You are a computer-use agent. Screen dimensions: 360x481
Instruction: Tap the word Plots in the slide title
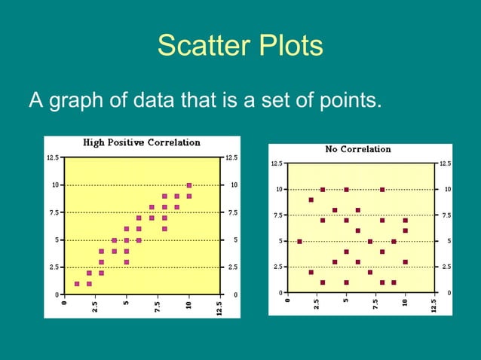pyautogui.click(x=286, y=47)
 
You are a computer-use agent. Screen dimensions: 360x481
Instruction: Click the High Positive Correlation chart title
pyautogui.click(x=141, y=142)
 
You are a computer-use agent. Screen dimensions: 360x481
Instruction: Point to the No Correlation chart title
pyautogui.click(x=358, y=149)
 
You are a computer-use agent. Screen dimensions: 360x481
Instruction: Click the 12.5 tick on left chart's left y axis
pyautogui.click(x=51, y=157)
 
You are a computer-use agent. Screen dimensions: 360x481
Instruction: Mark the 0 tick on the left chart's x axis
pyautogui.click(x=65, y=304)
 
